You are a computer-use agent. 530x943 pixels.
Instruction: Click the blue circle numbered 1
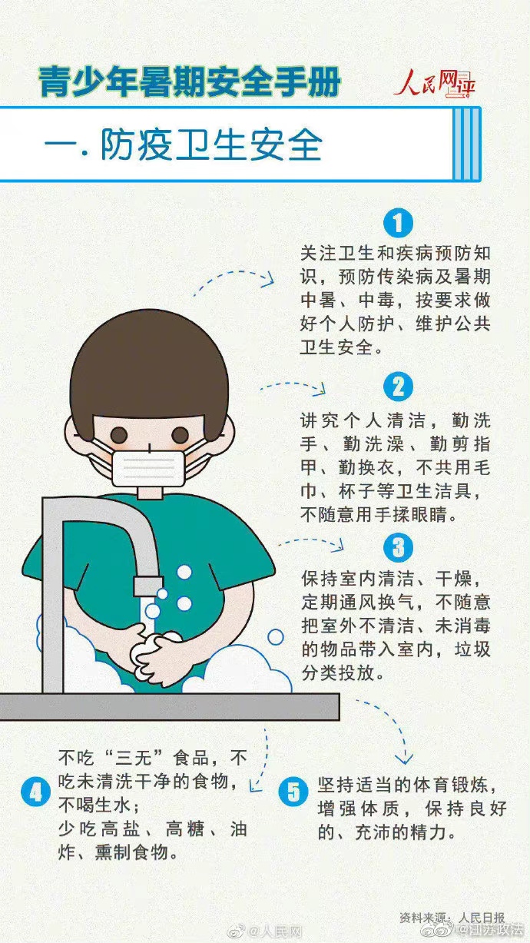coord(399,223)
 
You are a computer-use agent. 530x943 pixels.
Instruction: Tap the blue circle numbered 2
coord(399,387)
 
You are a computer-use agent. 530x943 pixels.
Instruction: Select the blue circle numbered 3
coord(399,548)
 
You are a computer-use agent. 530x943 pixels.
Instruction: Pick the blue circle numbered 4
coord(36,792)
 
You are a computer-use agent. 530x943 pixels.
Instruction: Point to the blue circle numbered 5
coord(293,792)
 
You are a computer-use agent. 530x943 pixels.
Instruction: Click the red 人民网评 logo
coord(435,83)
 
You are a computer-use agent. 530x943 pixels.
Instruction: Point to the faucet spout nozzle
coord(148,586)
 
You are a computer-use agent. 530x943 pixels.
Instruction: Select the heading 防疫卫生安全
coord(211,144)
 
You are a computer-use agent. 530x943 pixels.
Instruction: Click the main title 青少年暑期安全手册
coord(189,81)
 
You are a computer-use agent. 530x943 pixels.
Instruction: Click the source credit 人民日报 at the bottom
coord(482,918)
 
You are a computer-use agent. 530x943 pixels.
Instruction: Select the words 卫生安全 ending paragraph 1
coord(336,347)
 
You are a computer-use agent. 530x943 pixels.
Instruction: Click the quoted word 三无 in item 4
coord(133,759)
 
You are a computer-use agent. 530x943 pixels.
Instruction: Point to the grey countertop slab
coord(169,706)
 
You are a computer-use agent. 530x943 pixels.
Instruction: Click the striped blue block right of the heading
coord(467,144)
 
